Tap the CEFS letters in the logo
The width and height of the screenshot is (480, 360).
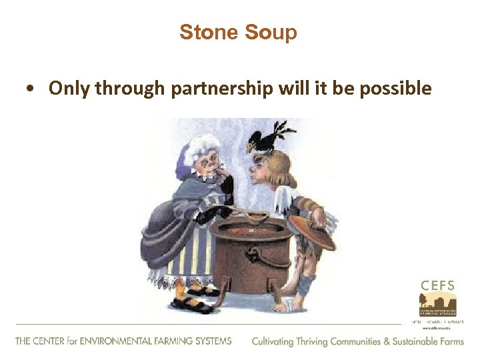[x=437, y=285]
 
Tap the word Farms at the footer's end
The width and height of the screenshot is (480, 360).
[x=449, y=341]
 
